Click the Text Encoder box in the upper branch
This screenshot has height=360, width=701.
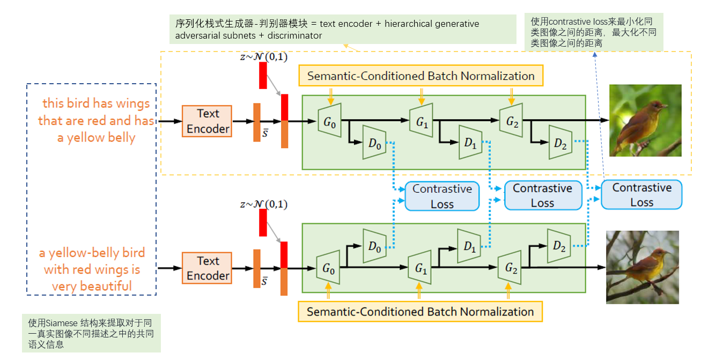[x=208, y=121]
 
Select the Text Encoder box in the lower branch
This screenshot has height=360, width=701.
[x=208, y=268]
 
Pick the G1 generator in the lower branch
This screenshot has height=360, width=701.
[x=420, y=268]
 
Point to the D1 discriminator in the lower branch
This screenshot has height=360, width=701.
[x=469, y=246]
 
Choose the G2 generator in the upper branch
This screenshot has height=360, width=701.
[x=511, y=121]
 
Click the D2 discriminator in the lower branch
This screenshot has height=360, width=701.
[x=559, y=246]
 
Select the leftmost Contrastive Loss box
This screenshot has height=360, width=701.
[x=441, y=196]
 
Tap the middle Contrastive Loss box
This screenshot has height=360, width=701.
[x=542, y=195]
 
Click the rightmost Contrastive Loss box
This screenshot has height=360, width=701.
[x=641, y=194]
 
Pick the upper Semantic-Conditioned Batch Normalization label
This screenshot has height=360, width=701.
[x=420, y=76]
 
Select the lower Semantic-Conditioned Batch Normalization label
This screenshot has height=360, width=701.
[x=420, y=311]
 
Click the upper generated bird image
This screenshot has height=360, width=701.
[x=645, y=120]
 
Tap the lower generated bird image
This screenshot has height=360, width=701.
[x=642, y=267]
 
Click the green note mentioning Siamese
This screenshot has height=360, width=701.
[x=91, y=333]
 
